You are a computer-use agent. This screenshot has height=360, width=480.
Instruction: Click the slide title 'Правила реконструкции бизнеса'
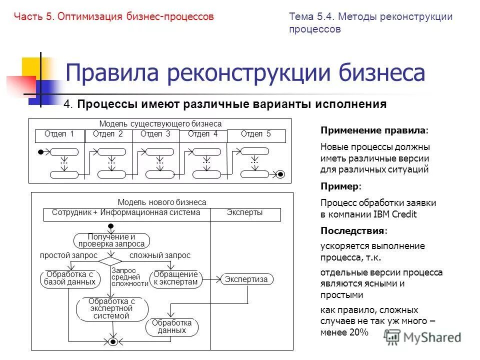point(245,73)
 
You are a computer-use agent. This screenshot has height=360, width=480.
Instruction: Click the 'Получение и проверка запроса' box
point(112,240)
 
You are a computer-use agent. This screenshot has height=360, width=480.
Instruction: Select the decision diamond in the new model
point(110,261)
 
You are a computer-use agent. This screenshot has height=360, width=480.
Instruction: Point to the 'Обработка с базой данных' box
point(69,278)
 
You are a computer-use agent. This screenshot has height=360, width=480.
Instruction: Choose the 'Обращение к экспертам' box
point(175,278)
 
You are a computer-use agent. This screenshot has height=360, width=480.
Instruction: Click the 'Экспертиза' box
point(247,279)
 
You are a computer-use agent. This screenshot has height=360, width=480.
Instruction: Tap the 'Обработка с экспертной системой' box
point(112,308)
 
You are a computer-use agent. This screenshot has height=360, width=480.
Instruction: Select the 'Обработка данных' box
point(171,326)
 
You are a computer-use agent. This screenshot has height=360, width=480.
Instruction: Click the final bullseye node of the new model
point(113,342)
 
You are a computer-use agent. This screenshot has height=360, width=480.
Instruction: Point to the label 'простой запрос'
point(68,255)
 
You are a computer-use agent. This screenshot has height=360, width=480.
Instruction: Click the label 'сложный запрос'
point(160,255)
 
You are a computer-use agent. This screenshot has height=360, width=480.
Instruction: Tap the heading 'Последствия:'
point(353,230)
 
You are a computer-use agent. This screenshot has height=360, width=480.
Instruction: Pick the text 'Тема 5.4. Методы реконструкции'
point(370,16)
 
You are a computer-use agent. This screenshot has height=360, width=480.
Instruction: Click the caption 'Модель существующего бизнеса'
point(160,123)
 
